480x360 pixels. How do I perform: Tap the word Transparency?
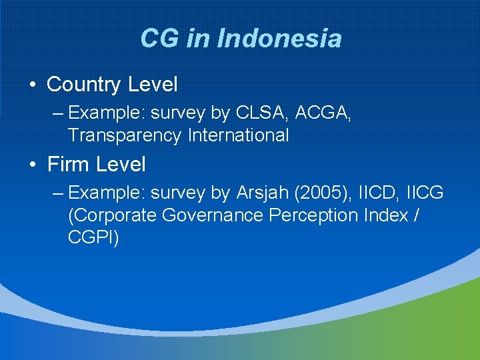(x=124, y=135)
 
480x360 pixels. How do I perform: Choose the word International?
(x=238, y=135)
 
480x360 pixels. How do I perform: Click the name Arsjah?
(x=263, y=193)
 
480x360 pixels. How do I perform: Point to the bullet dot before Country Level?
(x=32, y=85)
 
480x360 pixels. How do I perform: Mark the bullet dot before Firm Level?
(x=32, y=164)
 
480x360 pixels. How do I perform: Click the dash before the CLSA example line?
(x=57, y=114)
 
